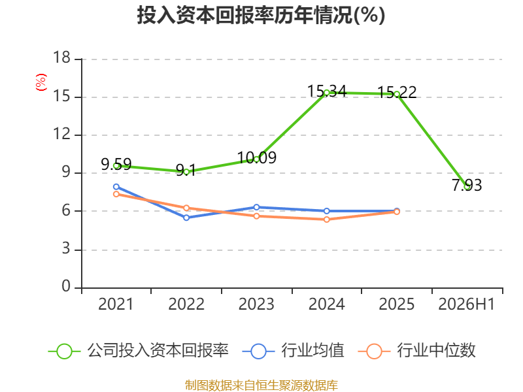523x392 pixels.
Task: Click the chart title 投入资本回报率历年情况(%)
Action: pyautogui.click(x=261, y=15)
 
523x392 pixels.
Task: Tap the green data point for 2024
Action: pyautogui.click(x=326, y=93)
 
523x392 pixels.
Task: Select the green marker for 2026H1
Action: pyautogui.click(x=467, y=187)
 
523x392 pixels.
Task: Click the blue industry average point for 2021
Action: pyautogui.click(x=116, y=187)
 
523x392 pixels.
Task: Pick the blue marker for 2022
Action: pyautogui.click(x=186, y=218)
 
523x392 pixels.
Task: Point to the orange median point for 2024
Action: pyautogui.click(x=326, y=220)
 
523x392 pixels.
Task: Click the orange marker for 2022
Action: pyautogui.click(x=186, y=208)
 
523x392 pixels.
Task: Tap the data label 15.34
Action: pyautogui.click(x=327, y=91)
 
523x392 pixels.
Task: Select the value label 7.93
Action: pyautogui.click(x=467, y=185)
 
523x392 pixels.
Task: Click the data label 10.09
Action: pyautogui.click(x=257, y=157)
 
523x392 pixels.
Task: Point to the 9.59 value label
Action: pyautogui.click(x=116, y=164)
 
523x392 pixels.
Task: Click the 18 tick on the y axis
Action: pyautogui.click(x=61, y=57)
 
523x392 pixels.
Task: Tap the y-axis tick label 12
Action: pyautogui.click(x=61, y=134)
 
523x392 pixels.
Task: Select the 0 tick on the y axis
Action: pyautogui.click(x=66, y=286)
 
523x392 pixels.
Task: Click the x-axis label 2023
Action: pyautogui.click(x=256, y=304)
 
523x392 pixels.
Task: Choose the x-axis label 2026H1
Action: pyautogui.click(x=467, y=304)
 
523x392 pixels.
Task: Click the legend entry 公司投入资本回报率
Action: pyautogui.click(x=139, y=351)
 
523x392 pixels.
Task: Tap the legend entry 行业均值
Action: pyautogui.click(x=293, y=351)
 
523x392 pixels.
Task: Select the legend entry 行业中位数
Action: pyautogui.click(x=416, y=351)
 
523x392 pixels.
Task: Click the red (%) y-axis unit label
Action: pyautogui.click(x=41, y=82)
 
